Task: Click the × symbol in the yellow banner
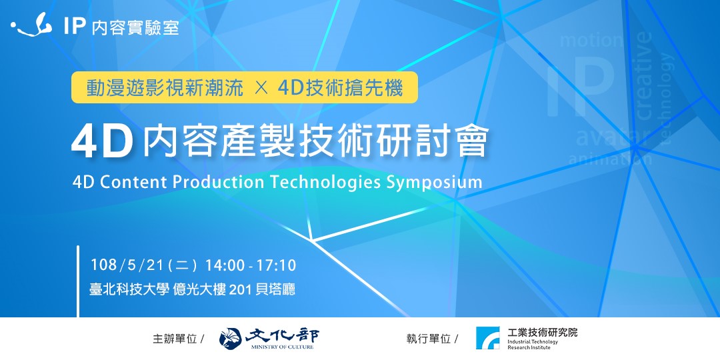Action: pyautogui.click(x=261, y=88)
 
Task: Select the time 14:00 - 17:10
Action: pyautogui.click(x=250, y=266)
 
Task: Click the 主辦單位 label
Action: pyautogui.click(x=175, y=339)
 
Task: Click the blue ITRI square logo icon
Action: pyautogui.click(x=487, y=338)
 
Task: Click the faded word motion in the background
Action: pyautogui.click(x=591, y=41)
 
